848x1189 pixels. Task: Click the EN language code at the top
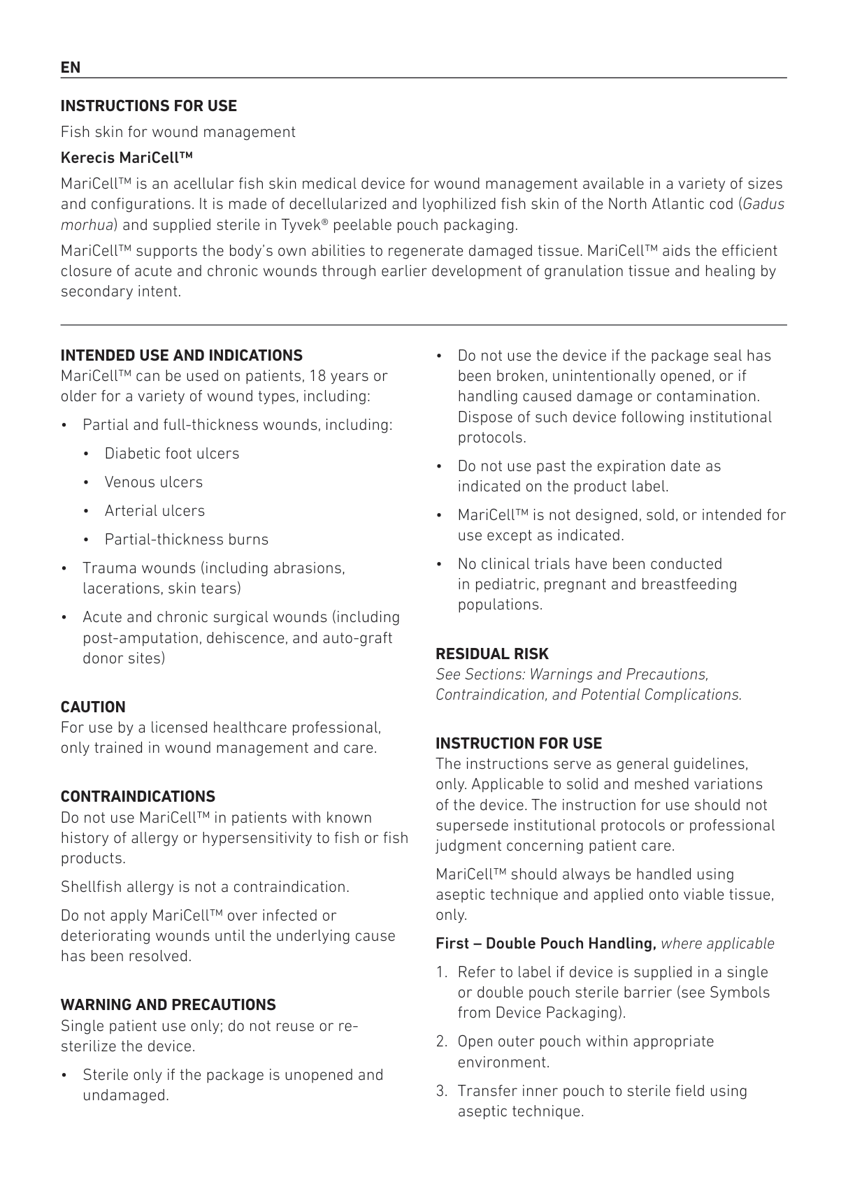click(x=71, y=68)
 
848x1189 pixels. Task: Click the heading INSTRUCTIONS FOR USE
click(x=148, y=106)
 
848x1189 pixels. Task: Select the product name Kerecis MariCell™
click(x=127, y=157)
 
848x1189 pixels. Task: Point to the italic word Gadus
click(x=763, y=204)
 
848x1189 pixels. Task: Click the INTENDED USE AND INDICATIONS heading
click(x=181, y=355)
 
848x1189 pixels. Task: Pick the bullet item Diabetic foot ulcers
click(x=171, y=454)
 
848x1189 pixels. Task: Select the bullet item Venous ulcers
click(x=153, y=482)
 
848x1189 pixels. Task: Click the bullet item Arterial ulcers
click(x=154, y=511)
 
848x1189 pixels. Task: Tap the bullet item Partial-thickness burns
click(x=186, y=540)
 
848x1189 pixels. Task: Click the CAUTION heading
click(x=93, y=707)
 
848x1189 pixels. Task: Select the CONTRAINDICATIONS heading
click(x=138, y=797)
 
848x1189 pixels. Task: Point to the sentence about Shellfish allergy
click(x=205, y=887)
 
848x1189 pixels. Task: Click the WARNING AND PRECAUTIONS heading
click(x=168, y=1005)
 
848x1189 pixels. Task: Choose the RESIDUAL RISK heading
click(x=492, y=654)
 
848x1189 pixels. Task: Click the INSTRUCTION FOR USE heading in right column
click(x=518, y=744)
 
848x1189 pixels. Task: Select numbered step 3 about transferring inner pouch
click(x=601, y=1101)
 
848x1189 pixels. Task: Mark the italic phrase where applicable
click(x=717, y=944)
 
